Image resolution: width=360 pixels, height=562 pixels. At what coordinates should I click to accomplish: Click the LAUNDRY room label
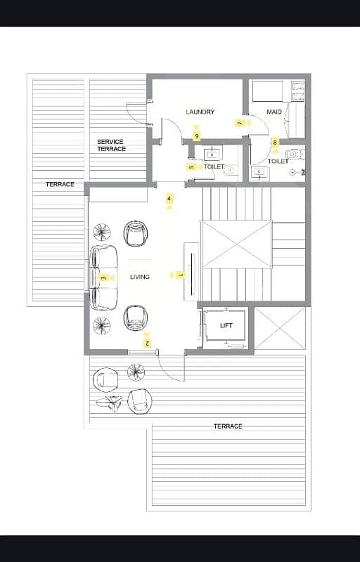pyautogui.click(x=200, y=112)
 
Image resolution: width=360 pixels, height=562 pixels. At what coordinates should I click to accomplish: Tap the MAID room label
pyautogui.click(x=274, y=112)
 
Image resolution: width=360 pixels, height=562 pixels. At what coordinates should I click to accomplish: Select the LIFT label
pyautogui.click(x=226, y=325)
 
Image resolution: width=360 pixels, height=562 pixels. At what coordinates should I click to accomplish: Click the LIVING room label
pyautogui.click(x=140, y=277)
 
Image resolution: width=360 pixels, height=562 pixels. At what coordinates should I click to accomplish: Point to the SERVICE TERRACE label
pyautogui.click(x=111, y=145)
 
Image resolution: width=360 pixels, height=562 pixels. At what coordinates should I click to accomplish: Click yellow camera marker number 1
pyautogui.click(x=181, y=275)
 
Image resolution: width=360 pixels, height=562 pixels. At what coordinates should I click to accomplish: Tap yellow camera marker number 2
pyautogui.click(x=147, y=344)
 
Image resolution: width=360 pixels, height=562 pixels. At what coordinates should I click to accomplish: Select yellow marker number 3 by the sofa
pyautogui.click(x=104, y=277)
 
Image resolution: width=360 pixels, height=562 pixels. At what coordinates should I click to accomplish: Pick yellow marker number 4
pyautogui.click(x=169, y=198)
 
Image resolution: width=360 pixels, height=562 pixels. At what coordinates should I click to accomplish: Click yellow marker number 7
pyautogui.click(x=240, y=124)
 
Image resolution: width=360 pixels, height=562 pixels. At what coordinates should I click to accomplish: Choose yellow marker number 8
pyautogui.click(x=275, y=143)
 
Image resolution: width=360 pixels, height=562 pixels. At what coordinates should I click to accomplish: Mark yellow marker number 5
pyautogui.click(x=191, y=167)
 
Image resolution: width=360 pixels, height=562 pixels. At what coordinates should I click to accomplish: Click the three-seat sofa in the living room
pyautogui.click(x=103, y=277)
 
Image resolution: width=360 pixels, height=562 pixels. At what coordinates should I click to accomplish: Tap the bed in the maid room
pyautogui.click(x=267, y=91)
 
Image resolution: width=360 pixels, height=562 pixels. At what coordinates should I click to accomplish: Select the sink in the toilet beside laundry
pyautogui.click(x=210, y=155)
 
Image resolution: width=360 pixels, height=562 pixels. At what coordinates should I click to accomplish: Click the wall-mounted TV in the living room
pyautogui.click(x=193, y=274)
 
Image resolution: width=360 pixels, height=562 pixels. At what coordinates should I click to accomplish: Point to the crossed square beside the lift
pyautogui.click(x=280, y=328)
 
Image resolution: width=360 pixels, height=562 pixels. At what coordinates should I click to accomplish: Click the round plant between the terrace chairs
pyautogui.click(x=136, y=372)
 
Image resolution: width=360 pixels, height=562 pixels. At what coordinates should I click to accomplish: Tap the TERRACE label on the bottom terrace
pyautogui.click(x=228, y=426)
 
